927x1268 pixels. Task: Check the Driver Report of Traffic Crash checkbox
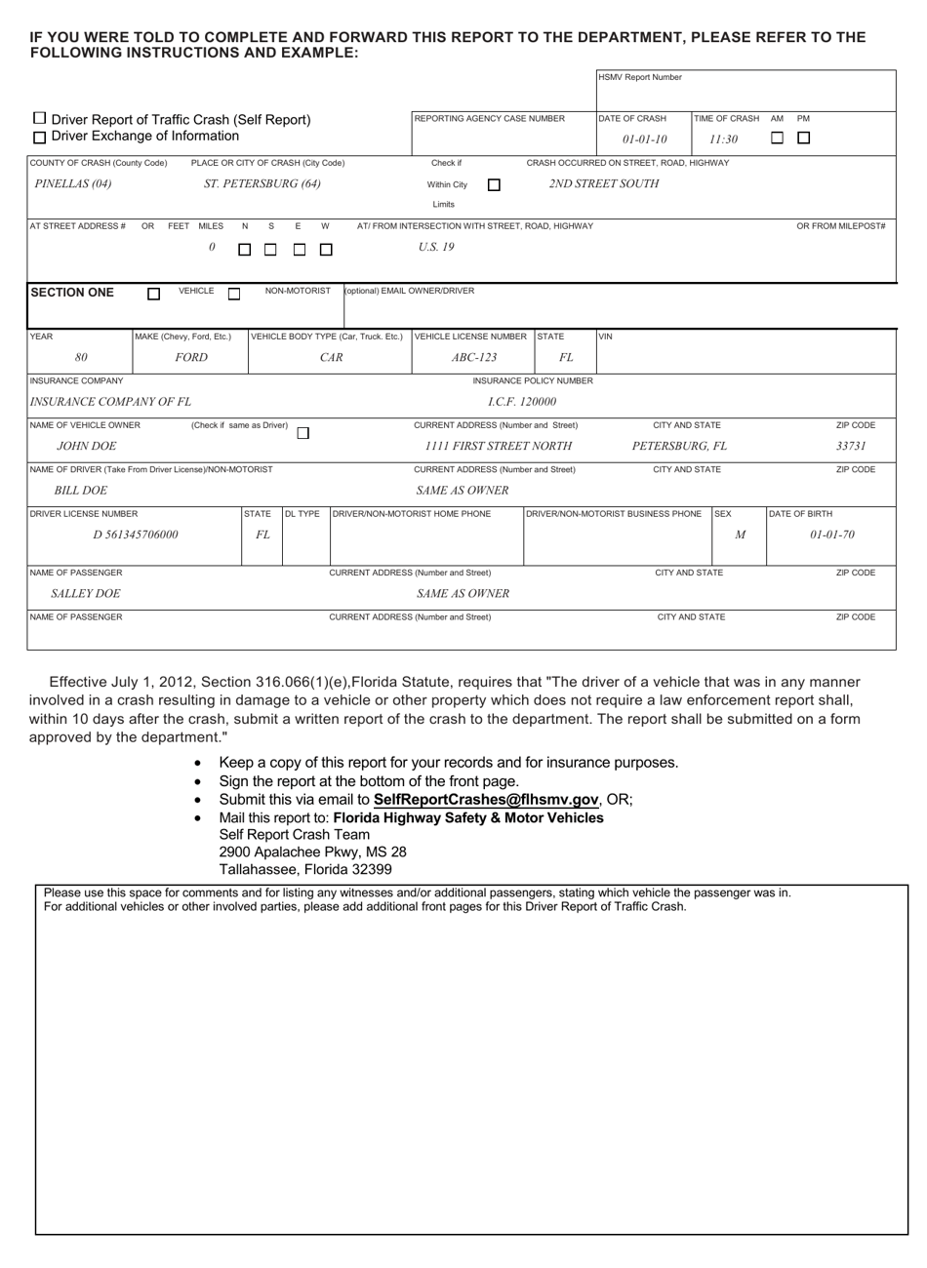pyautogui.click(x=39, y=118)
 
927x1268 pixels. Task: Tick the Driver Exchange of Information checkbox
pyautogui.click(x=39, y=136)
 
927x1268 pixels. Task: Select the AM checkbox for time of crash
pyautogui.click(x=778, y=139)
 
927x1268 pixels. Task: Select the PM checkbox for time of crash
pyautogui.click(x=803, y=139)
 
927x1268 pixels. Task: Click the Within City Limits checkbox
pyautogui.click(x=494, y=184)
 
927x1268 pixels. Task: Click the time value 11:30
pyautogui.click(x=723, y=139)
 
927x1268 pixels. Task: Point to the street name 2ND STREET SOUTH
pyautogui.click(x=603, y=183)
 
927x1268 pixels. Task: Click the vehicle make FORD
pyautogui.click(x=191, y=357)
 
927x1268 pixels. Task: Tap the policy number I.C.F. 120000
pyautogui.click(x=522, y=401)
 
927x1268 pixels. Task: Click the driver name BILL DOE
pyautogui.click(x=81, y=491)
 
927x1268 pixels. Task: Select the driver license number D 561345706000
pyautogui.click(x=136, y=535)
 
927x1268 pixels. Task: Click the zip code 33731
pyautogui.click(x=851, y=446)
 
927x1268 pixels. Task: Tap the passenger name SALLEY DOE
pyautogui.click(x=86, y=593)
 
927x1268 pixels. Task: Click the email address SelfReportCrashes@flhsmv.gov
pyautogui.click(x=485, y=799)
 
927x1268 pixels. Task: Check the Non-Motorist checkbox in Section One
pyautogui.click(x=234, y=294)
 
